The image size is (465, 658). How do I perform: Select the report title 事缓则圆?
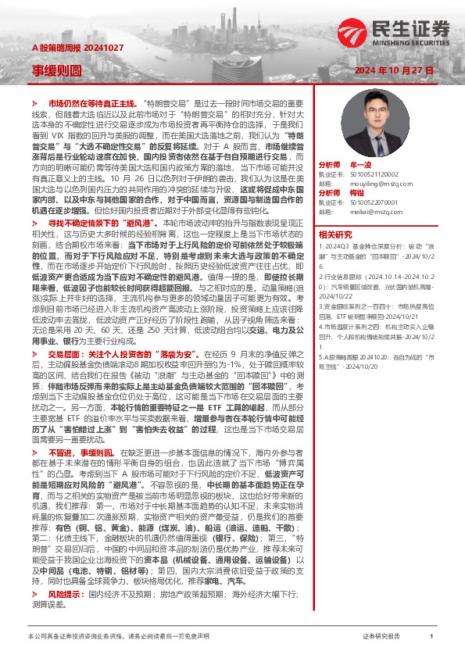[56, 70]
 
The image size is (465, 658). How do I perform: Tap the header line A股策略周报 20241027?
[71, 48]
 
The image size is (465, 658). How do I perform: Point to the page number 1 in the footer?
[431, 636]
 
